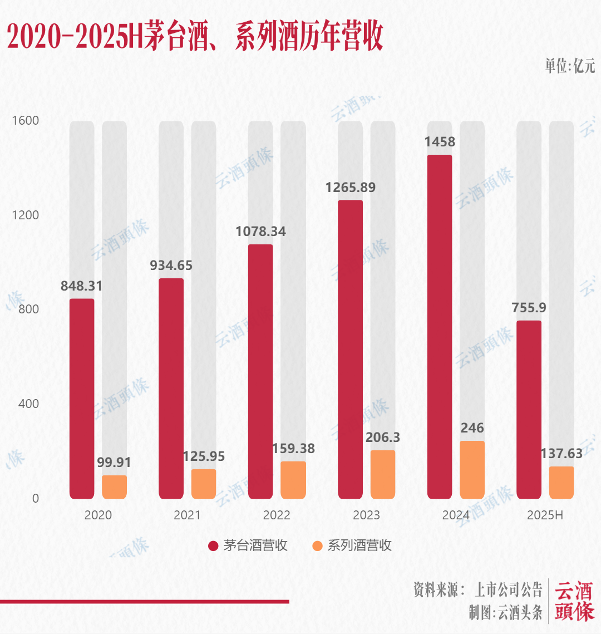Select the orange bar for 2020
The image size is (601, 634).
(x=114, y=487)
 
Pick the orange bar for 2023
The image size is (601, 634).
(x=383, y=474)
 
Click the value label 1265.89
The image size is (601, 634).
(x=351, y=188)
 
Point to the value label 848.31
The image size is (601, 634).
(x=82, y=286)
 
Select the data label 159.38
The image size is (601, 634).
(x=293, y=449)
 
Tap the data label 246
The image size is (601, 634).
(x=472, y=428)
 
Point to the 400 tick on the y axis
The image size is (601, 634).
(x=28, y=404)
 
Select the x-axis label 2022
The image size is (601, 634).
(x=277, y=515)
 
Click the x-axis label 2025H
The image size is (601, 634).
(x=545, y=515)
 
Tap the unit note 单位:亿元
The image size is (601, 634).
(x=569, y=66)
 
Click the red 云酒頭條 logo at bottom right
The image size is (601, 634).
(x=574, y=601)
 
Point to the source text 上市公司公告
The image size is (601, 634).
(x=508, y=589)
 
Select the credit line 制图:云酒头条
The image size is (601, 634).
(x=505, y=613)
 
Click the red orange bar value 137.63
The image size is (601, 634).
(x=561, y=454)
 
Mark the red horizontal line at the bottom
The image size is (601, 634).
(x=145, y=601)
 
